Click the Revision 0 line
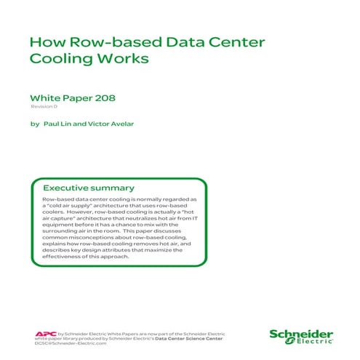[43, 107]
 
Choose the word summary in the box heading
[114, 187]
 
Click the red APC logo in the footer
[44, 334]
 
